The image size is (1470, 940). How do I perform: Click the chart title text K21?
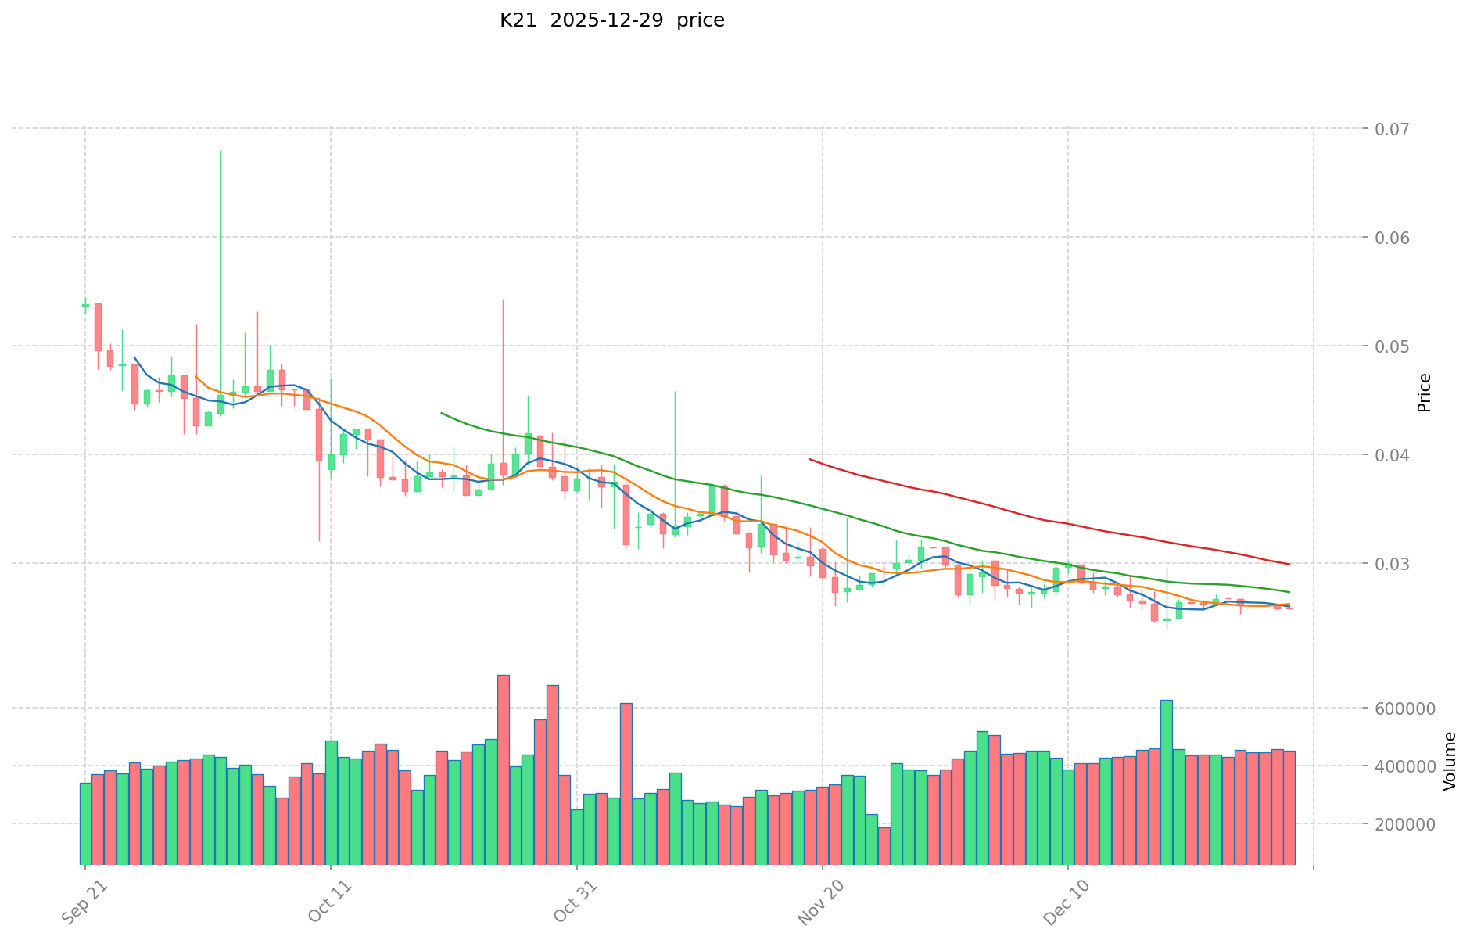[x=518, y=20]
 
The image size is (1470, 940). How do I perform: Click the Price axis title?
[x=1424, y=393]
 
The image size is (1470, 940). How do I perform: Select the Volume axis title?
[x=1450, y=761]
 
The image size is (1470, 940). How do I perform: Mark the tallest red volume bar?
[x=504, y=770]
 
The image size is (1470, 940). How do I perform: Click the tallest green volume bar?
[x=1166, y=782]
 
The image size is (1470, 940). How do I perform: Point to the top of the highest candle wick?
[x=220, y=150]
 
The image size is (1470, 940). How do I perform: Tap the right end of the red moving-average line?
[x=1289, y=565]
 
